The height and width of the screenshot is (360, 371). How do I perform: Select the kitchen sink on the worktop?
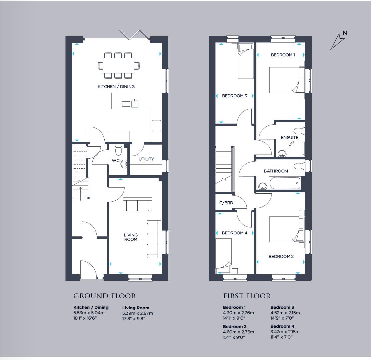coord(135,104)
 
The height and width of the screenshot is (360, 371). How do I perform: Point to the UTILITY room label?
coord(146,159)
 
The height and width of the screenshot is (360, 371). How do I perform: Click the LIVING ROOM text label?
coord(131,237)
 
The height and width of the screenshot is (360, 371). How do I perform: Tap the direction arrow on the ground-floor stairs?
coord(80,192)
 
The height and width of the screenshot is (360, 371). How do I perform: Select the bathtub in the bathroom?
coord(284,183)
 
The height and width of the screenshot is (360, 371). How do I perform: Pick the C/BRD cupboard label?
coord(226,202)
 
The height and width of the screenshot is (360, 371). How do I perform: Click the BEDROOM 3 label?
coord(234,96)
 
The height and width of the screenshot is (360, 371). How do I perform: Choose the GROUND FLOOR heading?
coord(105,296)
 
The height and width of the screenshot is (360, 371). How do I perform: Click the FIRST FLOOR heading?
coord(247,296)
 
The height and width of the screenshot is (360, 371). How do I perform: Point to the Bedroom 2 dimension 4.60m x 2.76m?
coord(238,332)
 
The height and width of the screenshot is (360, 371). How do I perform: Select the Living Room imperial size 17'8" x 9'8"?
coord(134,319)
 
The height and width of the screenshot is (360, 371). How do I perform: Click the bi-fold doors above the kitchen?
coord(135,35)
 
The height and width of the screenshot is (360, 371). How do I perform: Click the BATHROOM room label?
coord(276,171)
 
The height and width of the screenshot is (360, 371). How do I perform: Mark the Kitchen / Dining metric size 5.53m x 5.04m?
coord(89,313)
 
